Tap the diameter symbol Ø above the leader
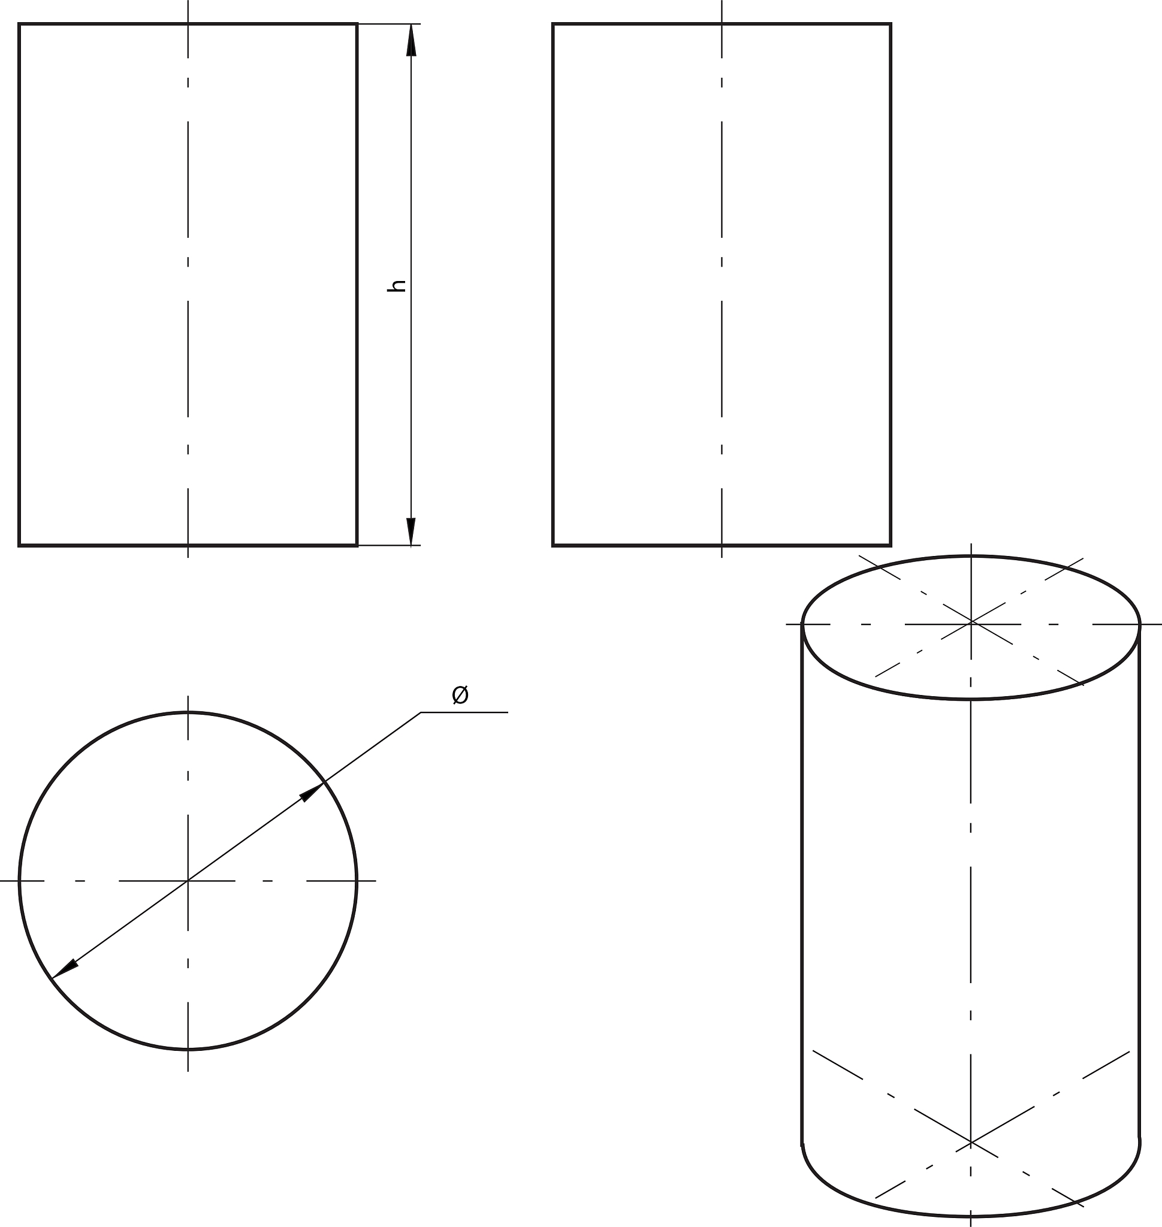pos(460,695)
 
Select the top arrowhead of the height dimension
pos(411,40)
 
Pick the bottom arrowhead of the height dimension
pos(411,531)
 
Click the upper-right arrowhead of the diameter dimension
pos(312,791)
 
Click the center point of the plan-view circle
pos(188,880)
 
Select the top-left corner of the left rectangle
pos(20,24)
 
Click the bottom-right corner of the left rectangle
pos(357,545)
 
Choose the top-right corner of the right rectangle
pos(891,24)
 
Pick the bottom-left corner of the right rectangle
pos(553,545)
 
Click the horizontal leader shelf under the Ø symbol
pos(464,712)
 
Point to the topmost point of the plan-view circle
pos(188,712)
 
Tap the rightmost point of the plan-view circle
pos(356,880)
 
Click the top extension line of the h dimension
pos(389,23)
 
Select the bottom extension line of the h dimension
pos(389,546)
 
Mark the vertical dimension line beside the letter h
pos(411,285)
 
